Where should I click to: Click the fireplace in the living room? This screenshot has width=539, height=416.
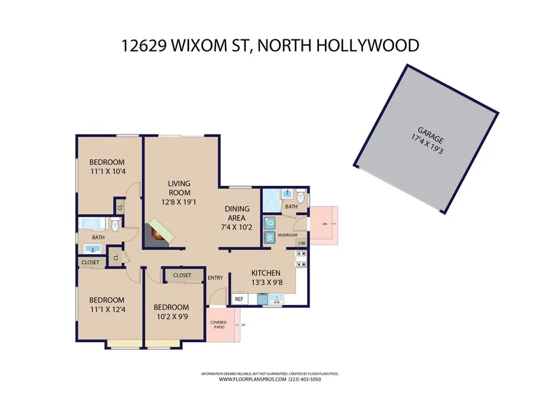click(x=160, y=232)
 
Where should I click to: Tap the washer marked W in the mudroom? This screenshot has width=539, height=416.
click(x=269, y=237)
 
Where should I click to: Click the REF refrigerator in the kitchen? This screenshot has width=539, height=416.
click(x=239, y=299)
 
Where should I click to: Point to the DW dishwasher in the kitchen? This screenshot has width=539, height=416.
click(x=262, y=299)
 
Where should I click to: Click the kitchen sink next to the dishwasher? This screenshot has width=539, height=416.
click(x=276, y=299)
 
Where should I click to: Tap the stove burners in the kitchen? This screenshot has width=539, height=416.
click(x=302, y=259)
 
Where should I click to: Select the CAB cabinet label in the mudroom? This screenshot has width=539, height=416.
click(x=302, y=243)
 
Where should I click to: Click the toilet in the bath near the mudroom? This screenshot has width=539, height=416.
click(x=301, y=198)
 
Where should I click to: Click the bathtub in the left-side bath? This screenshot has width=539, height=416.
click(x=93, y=223)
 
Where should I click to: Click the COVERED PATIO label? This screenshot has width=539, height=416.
click(x=218, y=324)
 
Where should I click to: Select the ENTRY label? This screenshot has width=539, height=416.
click(x=215, y=278)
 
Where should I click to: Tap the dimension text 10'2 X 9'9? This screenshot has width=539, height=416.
click(x=171, y=318)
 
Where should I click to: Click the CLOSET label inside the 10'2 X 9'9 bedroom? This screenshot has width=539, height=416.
click(x=182, y=275)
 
